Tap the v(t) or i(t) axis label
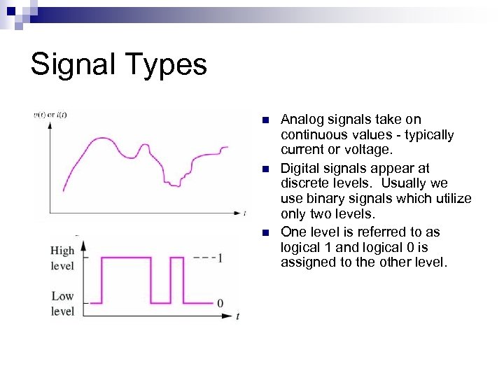pyautogui.click(x=50, y=114)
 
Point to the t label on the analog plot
pyautogui.click(x=244, y=212)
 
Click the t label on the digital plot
pyautogui.click(x=237, y=316)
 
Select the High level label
pyautogui.click(x=62, y=258)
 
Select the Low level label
pyautogui.click(x=62, y=303)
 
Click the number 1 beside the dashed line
pyautogui.click(x=220, y=258)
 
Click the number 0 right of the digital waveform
pyautogui.click(x=220, y=303)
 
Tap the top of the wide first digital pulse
pyautogui.click(x=126, y=258)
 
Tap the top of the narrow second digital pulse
pyautogui.click(x=177, y=258)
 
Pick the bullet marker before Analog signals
pyautogui.click(x=265, y=120)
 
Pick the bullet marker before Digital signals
pyautogui.click(x=265, y=169)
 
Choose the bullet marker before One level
pyautogui.click(x=265, y=232)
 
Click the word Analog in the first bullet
pyautogui.click(x=300, y=120)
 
